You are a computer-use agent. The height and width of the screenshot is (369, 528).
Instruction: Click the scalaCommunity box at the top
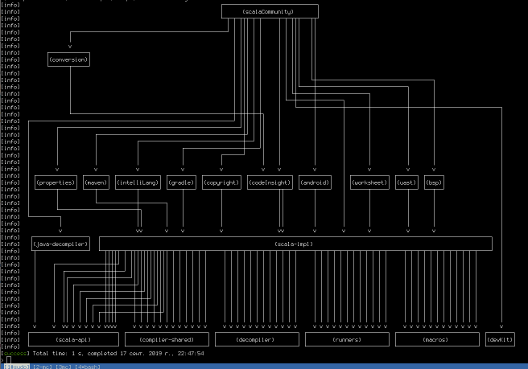pos(269,11)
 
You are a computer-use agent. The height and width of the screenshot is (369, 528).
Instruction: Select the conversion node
pos(68,59)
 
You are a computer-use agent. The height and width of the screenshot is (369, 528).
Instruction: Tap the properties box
pos(56,182)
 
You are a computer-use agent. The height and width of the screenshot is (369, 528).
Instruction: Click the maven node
pos(95,182)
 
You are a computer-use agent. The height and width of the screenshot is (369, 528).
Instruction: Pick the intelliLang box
pos(138,182)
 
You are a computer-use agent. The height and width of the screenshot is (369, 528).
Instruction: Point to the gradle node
pos(181,182)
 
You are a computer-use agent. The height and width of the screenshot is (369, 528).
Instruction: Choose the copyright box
pos(221,182)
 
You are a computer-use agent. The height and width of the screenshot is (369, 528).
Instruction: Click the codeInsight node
pos(269,182)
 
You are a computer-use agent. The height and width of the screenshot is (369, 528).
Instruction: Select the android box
pos(314,182)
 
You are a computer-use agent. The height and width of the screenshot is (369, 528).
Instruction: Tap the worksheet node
pos(369,182)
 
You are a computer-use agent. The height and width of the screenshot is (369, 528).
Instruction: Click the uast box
pos(406,182)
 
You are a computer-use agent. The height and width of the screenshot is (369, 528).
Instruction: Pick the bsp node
pos(435,182)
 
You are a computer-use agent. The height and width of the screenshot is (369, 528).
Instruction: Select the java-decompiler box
pos(60,244)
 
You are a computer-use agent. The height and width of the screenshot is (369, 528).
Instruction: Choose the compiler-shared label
pos(166,339)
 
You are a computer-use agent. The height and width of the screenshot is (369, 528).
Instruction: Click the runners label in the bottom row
pos(346,339)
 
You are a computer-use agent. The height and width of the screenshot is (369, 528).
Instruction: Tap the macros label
pos(435,339)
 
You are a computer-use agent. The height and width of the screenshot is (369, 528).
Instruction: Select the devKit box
pos(500,339)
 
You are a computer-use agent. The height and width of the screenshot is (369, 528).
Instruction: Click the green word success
pos(15,353)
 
